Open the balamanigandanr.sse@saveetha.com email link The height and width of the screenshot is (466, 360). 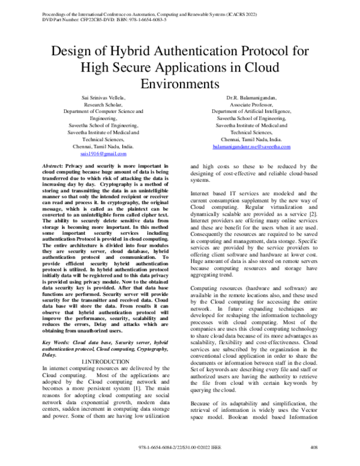pyautogui.click(x=251, y=147)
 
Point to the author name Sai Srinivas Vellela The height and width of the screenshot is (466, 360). pyautogui.click(x=100, y=97)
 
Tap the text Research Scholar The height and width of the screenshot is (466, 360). pyautogui.click(x=100, y=104)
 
